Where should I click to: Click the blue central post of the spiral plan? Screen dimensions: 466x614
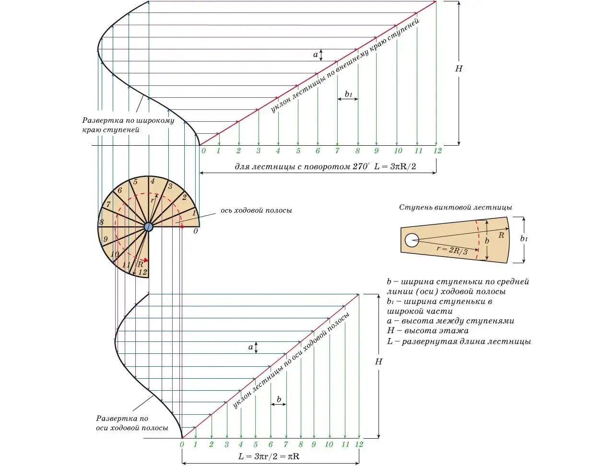148,227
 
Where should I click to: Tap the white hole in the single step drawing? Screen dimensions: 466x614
412,240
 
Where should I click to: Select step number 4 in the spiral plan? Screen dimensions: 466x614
153,181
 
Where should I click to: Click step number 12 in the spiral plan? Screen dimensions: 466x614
142,272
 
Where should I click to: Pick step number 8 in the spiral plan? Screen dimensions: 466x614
102,222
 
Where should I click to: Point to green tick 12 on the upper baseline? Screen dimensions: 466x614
437,151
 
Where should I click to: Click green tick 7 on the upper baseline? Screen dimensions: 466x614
337,151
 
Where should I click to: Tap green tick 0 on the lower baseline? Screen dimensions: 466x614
182,444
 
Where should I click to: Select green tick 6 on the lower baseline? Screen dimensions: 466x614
271,444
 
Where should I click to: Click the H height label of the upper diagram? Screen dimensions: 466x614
459,69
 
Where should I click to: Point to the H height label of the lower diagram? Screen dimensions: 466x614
378,362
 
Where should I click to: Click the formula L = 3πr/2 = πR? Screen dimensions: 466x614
269,456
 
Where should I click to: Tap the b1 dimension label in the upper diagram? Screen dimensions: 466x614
348,94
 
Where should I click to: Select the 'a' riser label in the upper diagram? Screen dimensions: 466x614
316,55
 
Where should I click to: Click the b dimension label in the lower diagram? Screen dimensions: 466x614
279,399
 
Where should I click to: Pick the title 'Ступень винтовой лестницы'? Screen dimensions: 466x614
455,208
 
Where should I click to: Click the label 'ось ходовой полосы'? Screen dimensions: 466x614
256,210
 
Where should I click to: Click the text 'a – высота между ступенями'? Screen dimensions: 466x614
450,321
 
